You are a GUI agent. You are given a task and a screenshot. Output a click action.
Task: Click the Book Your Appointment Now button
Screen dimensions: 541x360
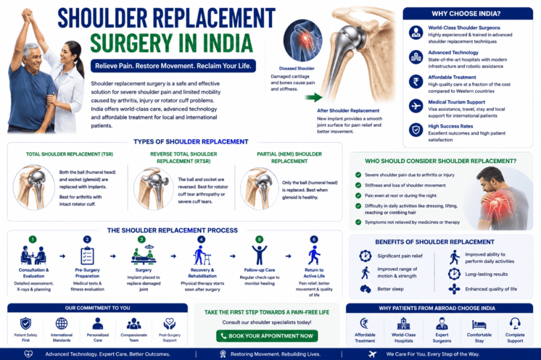pos(267,336)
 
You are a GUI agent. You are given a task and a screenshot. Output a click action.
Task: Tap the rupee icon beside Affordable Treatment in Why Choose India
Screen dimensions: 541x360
pos(416,82)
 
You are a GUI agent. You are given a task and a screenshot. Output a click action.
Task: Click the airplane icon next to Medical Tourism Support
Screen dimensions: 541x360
pos(416,106)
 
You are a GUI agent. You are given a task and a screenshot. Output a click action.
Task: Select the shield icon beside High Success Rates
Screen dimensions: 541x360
pos(416,130)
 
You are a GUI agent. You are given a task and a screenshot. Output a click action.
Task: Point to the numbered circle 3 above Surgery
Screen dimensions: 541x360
pos(142,239)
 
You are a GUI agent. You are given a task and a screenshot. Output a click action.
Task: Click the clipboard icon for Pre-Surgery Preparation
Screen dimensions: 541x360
pos(87,256)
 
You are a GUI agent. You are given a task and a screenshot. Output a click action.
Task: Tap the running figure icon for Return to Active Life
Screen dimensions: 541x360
pos(314,256)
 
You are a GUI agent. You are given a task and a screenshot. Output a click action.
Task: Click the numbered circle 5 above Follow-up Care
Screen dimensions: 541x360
pos(259,239)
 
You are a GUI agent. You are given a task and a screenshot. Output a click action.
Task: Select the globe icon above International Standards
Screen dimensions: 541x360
pos(61,324)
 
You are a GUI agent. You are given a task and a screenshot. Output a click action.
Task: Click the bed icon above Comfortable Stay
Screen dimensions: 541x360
pos(479,325)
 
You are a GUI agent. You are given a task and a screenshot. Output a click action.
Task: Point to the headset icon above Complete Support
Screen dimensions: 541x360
pos(515,324)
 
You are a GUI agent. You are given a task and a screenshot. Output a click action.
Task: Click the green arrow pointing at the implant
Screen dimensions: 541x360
pos(313,97)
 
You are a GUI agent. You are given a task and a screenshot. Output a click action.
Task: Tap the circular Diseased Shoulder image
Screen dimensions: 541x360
pos(303,40)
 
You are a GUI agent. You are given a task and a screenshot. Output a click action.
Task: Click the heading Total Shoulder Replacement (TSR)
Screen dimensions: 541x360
pos(69,154)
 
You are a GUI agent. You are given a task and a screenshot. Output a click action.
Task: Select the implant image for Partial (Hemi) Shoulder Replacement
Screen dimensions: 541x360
pos(259,188)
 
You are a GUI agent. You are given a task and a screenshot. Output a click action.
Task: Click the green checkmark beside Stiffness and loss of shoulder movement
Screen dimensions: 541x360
pos(358,185)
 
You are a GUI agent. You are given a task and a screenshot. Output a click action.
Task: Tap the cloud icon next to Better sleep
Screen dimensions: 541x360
pos(366,289)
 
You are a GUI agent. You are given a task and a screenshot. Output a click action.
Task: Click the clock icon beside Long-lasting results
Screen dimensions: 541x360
pos(454,274)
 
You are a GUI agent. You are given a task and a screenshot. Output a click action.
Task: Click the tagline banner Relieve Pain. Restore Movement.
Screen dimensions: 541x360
pos(173,66)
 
